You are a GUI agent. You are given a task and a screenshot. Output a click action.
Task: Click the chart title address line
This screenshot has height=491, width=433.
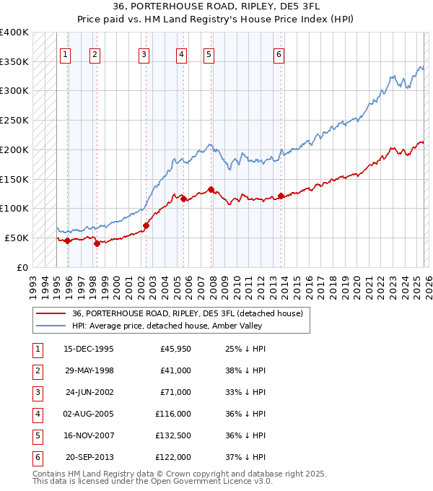click(216, 6)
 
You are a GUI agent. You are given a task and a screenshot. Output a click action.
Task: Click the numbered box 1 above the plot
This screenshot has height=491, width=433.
click(66, 53)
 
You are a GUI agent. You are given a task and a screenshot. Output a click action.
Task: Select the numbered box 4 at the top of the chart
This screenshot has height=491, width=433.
click(180, 53)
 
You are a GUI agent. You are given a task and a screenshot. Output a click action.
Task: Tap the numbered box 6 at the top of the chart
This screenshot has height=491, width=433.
click(279, 53)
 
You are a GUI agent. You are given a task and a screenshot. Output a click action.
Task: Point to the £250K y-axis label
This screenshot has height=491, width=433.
click(14, 120)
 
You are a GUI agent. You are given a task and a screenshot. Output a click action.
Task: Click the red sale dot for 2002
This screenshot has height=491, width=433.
click(146, 225)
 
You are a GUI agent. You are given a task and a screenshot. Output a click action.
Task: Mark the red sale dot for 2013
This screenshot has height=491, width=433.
click(281, 196)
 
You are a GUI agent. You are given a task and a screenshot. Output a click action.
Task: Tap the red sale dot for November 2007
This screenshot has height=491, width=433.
click(211, 189)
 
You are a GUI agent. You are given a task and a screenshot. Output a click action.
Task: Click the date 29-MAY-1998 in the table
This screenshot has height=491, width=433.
click(89, 370)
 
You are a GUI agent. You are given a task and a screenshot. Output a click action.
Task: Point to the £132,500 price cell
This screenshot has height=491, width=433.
click(173, 435)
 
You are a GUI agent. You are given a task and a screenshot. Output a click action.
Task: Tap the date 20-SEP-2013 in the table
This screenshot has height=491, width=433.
click(89, 457)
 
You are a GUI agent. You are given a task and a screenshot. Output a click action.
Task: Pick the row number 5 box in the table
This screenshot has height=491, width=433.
click(36, 435)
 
